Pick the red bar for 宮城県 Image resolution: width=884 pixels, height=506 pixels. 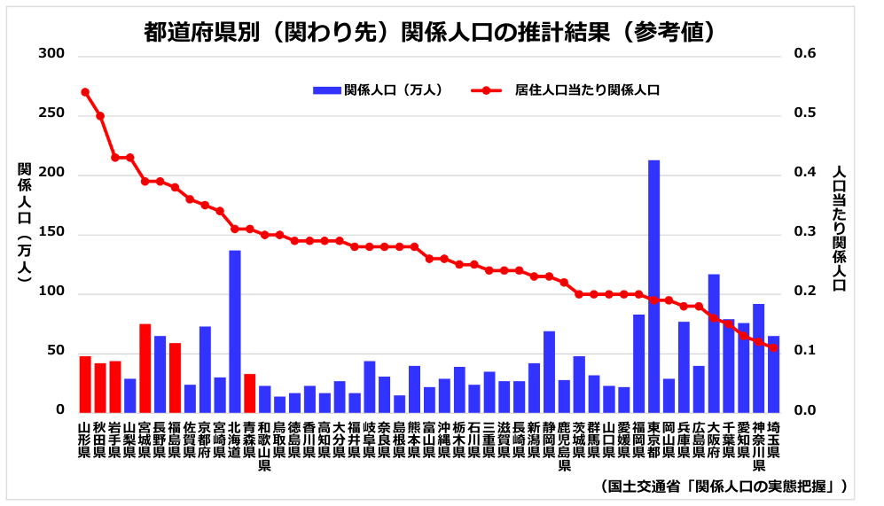(x=145, y=368)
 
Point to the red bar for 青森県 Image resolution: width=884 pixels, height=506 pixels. (x=250, y=393)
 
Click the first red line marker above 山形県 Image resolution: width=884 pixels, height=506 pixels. (x=85, y=92)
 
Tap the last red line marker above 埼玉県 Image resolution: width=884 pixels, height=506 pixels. (x=774, y=348)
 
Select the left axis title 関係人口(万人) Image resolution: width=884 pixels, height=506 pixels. (x=24, y=222)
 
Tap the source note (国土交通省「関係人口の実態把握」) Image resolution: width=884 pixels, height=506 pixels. (x=723, y=486)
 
